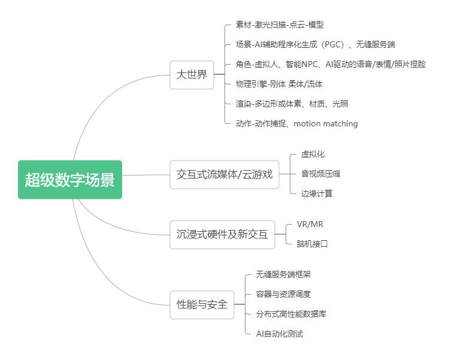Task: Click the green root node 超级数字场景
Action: point(69,180)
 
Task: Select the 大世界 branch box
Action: point(192,75)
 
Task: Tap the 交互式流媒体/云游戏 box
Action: point(224,175)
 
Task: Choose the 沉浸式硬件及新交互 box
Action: point(222,234)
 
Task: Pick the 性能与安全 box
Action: point(202,304)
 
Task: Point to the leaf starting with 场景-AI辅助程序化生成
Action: point(315,44)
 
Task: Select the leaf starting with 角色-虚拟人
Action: point(330,64)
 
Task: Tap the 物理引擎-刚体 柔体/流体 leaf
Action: point(280,84)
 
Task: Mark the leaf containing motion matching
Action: point(297,123)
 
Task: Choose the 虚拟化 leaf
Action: point(313,155)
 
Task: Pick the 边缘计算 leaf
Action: point(317,193)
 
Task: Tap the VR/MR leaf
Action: point(310,224)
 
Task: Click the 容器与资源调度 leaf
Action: point(283,294)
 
